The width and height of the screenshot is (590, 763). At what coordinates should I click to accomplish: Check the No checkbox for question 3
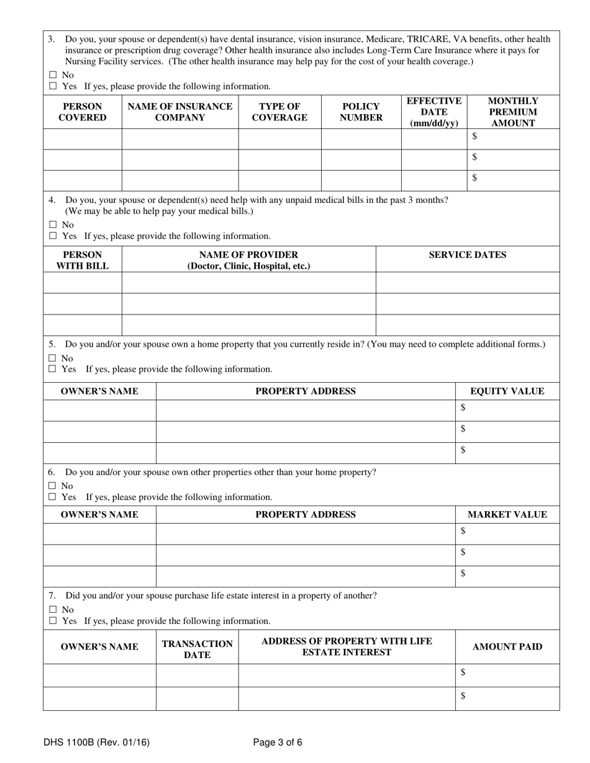(x=53, y=75)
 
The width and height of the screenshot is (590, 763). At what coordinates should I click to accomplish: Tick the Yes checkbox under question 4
(x=53, y=236)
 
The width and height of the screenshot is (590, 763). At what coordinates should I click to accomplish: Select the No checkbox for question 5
(x=53, y=359)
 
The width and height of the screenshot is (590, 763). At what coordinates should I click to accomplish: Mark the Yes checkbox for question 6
(x=53, y=498)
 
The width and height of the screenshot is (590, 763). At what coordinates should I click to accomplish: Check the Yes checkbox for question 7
(x=53, y=621)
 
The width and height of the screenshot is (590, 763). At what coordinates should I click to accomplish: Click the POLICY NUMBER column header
(x=361, y=112)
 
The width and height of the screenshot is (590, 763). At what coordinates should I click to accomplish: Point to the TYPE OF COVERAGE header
(x=279, y=112)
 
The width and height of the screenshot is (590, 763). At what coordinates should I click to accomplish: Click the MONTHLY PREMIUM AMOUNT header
(x=513, y=112)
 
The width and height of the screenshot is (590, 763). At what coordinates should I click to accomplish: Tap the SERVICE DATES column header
(x=467, y=255)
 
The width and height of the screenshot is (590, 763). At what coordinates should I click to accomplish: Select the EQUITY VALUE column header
(x=507, y=391)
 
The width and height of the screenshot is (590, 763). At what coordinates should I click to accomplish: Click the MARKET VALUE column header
(x=507, y=515)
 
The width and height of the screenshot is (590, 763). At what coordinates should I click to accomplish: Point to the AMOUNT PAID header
(x=507, y=647)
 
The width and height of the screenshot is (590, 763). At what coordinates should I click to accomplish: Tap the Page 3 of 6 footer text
(x=278, y=742)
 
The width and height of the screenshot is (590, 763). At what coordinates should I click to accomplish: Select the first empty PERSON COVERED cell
(x=82, y=139)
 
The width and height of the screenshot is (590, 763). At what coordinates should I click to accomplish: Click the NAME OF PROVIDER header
(x=248, y=260)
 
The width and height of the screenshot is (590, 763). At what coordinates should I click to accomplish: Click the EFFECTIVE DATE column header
(x=433, y=112)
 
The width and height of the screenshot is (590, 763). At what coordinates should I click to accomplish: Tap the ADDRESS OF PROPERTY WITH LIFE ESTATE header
(x=347, y=646)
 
